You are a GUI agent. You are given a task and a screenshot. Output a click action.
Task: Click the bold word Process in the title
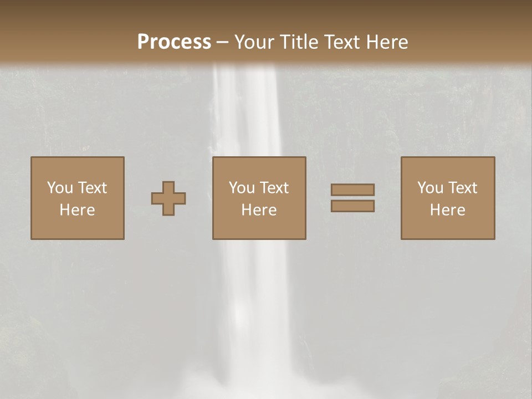[174, 42]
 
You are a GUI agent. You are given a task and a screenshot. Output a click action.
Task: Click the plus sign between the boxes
[168, 198]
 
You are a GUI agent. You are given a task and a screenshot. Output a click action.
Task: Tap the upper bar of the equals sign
[352, 190]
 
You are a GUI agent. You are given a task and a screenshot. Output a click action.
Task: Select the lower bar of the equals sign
[352, 206]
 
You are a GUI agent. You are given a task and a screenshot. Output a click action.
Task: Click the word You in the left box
[59, 188]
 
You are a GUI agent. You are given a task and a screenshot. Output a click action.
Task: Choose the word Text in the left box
[92, 188]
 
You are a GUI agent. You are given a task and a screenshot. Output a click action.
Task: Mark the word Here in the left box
[77, 210]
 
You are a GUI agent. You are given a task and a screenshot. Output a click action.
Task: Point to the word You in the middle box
[242, 188]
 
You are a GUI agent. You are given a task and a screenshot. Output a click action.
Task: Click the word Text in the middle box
[274, 188]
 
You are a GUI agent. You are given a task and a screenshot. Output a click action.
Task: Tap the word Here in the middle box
[259, 210]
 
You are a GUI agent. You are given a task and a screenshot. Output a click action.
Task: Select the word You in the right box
[430, 188]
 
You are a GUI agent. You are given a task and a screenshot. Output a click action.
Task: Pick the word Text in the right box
[463, 188]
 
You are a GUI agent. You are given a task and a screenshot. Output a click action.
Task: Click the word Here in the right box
[447, 210]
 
